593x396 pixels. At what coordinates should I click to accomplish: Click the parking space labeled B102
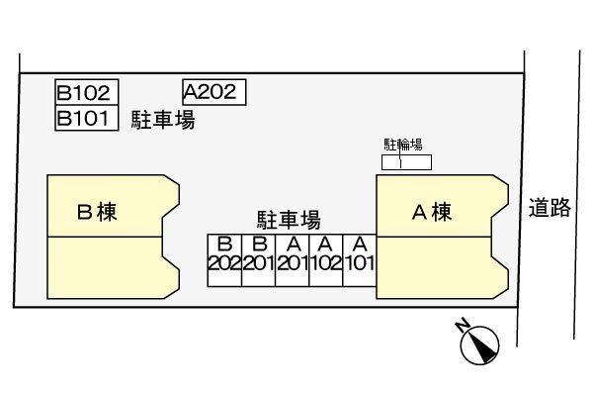[x=87, y=94]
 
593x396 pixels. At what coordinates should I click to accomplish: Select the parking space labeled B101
[x=87, y=119]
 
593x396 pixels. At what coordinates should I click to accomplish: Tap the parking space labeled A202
[x=213, y=92]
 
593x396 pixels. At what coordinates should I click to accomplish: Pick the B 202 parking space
[x=223, y=260]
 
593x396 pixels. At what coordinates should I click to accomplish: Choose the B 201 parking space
[x=258, y=260]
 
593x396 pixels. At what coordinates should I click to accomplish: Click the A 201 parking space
[x=293, y=260]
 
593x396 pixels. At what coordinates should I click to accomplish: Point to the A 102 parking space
[x=326, y=260]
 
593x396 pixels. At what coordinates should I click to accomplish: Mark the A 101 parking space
[x=360, y=260]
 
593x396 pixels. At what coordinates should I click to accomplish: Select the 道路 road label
[x=550, y=208]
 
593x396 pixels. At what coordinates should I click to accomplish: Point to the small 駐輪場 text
[x=403, y=145]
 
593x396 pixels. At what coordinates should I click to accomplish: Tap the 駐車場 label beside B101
[x=163, y=121]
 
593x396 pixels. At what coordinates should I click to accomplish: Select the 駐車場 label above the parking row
[x=288, y=220]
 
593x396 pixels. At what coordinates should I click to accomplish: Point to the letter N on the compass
[x=463, y=324]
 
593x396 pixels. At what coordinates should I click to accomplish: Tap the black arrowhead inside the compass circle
[x=483, y=346]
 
